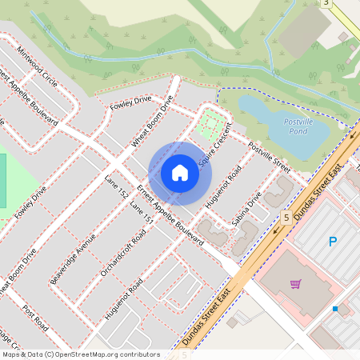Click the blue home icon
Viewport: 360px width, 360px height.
tap(180, 172)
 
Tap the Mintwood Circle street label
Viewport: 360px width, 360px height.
tap(39, 70)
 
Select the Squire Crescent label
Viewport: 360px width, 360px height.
tap(215, 145)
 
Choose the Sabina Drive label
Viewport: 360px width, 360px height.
tap(247, 207)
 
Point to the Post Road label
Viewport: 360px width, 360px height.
tap(35, 318)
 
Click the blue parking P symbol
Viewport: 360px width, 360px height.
tap(333, 241)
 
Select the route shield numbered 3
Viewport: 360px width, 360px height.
tap(326, 3)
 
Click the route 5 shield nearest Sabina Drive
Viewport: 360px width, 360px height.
tap(286, 218)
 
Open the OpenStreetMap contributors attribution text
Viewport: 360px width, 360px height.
tap(80, 354)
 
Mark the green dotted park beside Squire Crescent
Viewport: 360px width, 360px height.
tap(210, 125)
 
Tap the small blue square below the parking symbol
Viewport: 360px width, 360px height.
tap(335, 309)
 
